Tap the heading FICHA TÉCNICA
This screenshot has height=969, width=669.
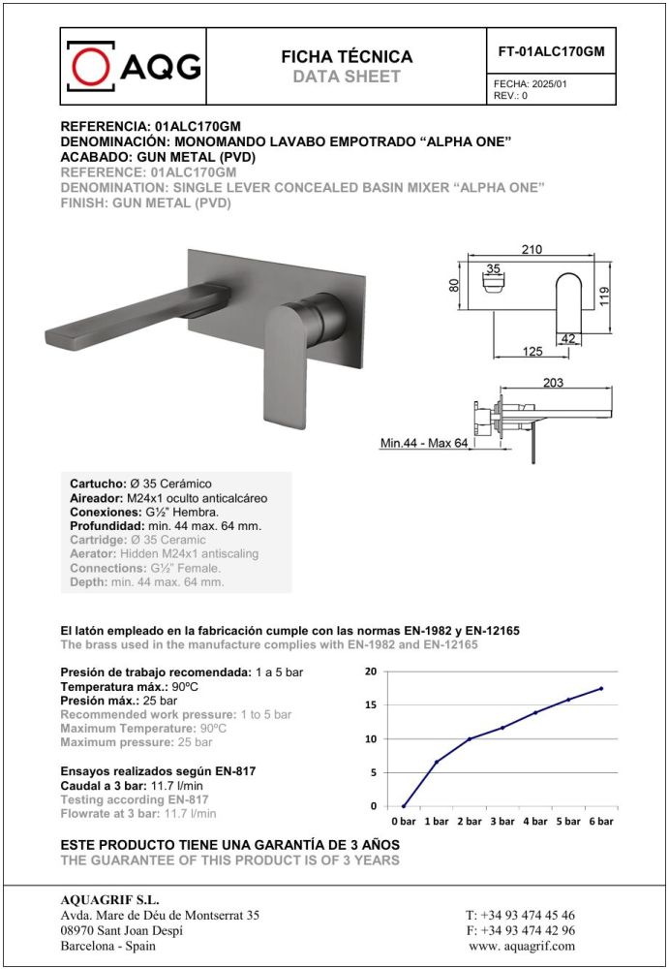click(x=346, y=57)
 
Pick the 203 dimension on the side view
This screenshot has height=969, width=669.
click(x=553, y=384)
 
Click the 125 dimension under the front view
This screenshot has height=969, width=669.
click(x=532, y=352)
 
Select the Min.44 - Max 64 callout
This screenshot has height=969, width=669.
click(x=423, y=444)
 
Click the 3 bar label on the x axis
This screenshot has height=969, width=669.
click(x=502, y=822)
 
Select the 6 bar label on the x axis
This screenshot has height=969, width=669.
click(x=601, y=822)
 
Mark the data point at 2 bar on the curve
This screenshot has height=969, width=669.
click(x=470, y=739)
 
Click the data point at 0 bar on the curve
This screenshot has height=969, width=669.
click(x=404, y=806)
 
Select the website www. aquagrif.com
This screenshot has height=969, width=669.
click(x=521, y=946)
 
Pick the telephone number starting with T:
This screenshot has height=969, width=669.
click(x=520, y=916)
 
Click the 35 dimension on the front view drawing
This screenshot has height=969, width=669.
click(x=492, y=269)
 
